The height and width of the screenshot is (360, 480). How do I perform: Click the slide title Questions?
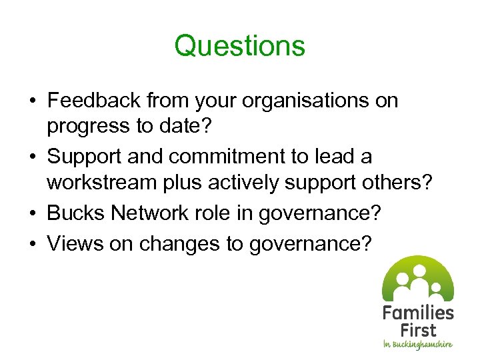[x=239, y=46]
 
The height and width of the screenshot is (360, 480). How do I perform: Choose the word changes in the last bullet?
[x=179, y=243]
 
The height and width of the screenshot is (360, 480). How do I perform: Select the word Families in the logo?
[x=418, y=313]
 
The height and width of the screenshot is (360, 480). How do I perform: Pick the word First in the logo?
[x=418, y=330]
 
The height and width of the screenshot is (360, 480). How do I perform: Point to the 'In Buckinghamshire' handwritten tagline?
[x=417, y=345]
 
